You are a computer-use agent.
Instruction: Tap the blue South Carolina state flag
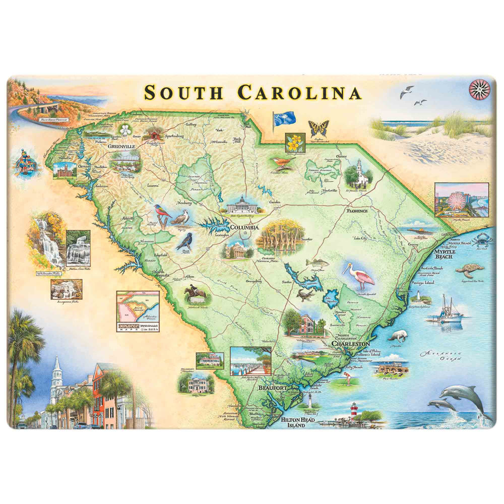tap(281, 120)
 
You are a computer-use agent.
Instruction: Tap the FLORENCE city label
tap(357, 210)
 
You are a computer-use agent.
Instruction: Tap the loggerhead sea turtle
tap(469, 271)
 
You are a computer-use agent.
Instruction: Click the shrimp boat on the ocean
tap(447, 311)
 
